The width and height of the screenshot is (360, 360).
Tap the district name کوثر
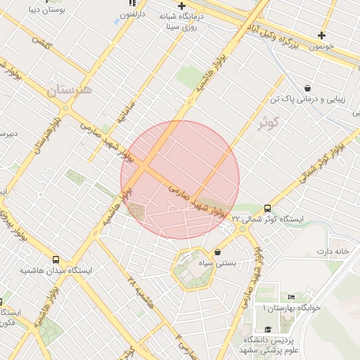click(x=269, y=124)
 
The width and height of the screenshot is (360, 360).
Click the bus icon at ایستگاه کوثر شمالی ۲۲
click(x=267, y=208)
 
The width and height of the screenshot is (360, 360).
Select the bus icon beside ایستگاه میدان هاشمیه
click(x=56, y=259)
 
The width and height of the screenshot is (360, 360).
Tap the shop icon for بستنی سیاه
click(x=217, y=252)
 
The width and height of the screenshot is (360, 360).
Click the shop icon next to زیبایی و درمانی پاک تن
click(x=308, y=89)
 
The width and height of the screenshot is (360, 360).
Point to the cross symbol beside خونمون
click(x=321, y=35)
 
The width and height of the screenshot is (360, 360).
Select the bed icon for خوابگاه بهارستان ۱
click(x=292, y=298)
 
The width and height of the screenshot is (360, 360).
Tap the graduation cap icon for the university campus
click(x=267, y=329)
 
